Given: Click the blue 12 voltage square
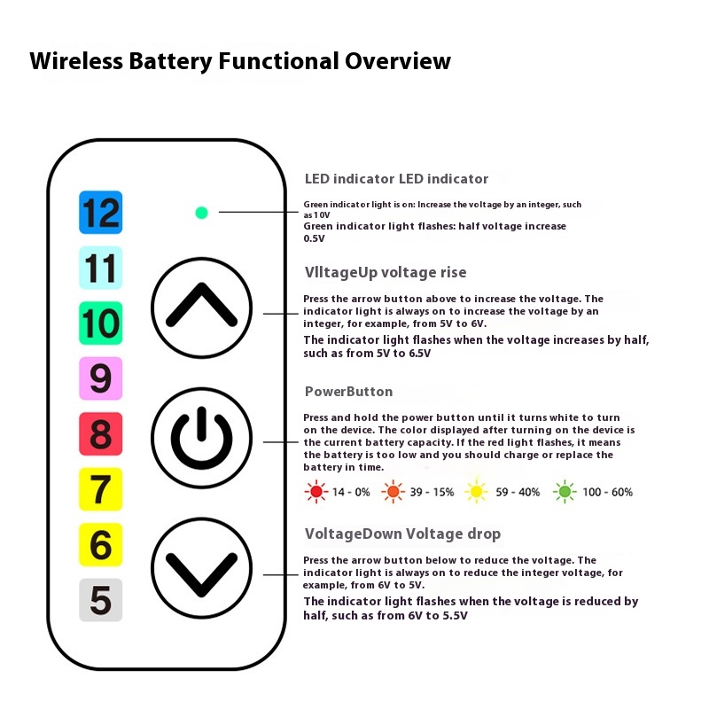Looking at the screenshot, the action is (100, 212).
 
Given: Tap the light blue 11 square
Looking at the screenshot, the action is (100, 268).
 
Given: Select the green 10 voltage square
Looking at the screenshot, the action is (100, 323).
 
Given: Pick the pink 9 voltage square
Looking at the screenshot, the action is (100, 378).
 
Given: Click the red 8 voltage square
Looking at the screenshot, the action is (100, 433).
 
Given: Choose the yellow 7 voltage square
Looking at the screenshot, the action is (100, 489).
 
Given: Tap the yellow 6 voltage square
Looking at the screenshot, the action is (100, 544).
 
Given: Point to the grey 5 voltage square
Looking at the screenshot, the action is (100, 600).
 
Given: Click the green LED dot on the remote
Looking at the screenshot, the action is (201, 213).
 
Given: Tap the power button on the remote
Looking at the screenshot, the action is (201, 438).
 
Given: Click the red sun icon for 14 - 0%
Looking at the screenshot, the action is (316, 492).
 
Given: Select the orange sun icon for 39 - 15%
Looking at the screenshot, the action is (393, 492).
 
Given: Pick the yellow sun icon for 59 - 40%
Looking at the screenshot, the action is (476, 492).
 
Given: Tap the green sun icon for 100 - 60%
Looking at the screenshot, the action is (565, 492).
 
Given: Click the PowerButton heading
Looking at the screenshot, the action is (348, 392).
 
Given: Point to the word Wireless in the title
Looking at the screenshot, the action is (76, 61).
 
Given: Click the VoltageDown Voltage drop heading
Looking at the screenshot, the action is (402, 534).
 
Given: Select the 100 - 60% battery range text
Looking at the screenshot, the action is (607, 492).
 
